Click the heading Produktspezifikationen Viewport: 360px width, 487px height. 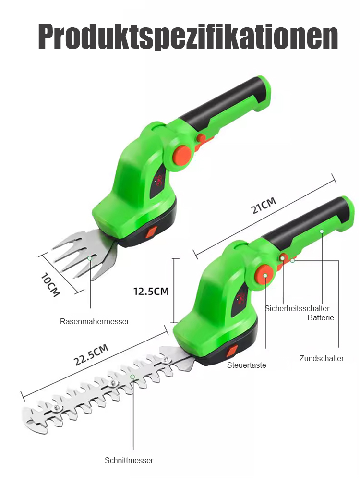tap(188, 37)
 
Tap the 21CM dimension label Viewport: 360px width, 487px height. tap(264, 205)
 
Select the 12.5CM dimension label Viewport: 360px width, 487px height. tap(151, 292)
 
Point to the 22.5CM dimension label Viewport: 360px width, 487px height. tap(91, 354)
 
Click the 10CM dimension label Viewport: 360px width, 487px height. tap(50, 284)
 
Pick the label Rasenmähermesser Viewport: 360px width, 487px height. tap(95, 321)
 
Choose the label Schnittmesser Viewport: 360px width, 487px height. tap(129, 460)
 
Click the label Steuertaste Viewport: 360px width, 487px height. tap(246, 365)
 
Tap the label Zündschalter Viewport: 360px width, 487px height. tap(322, 358)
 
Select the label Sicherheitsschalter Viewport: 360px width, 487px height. tap(297, 308)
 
